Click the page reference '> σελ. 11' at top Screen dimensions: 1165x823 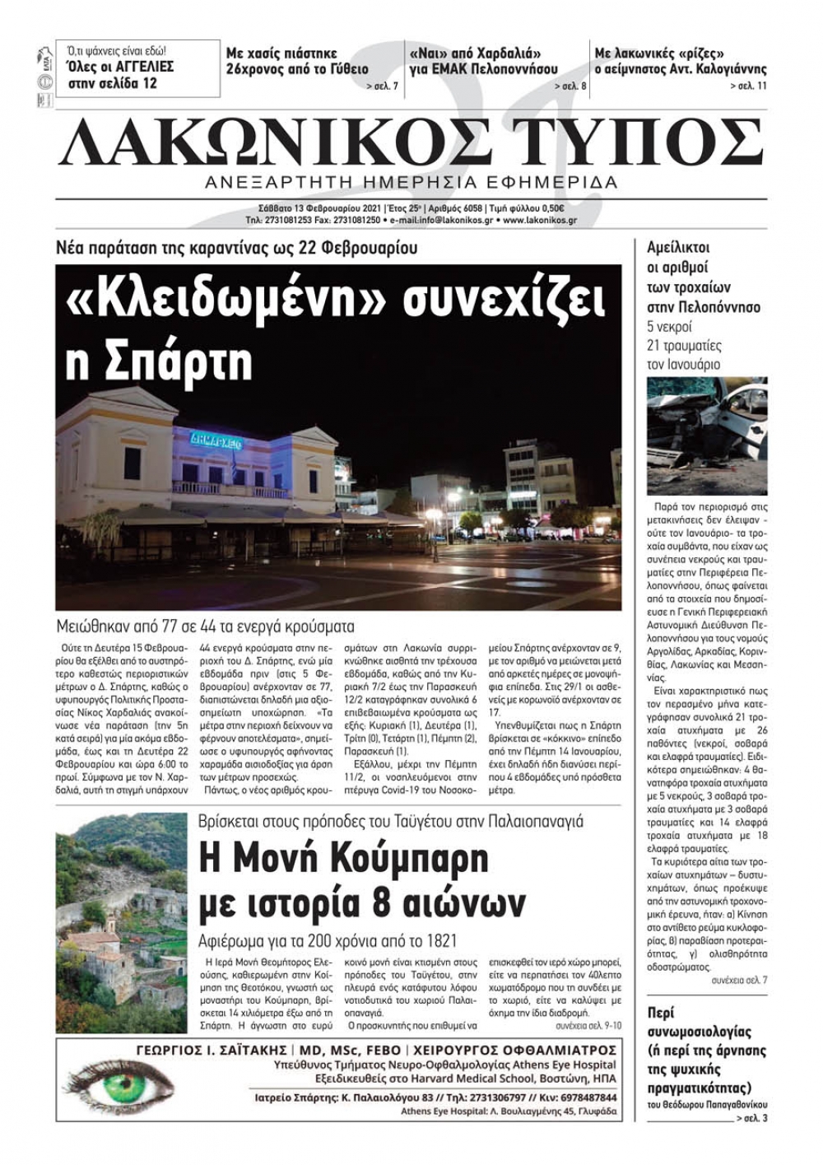pyautogui.click(x=748, y=86)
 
